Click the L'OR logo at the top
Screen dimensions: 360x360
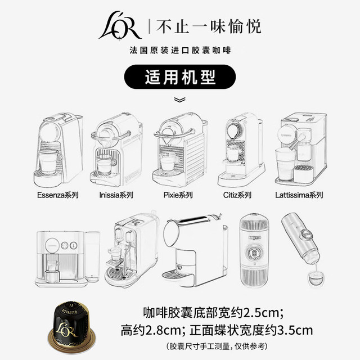click(119, 26)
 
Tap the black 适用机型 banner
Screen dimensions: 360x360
click(180, 77)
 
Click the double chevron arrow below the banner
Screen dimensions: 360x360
click(179, 100)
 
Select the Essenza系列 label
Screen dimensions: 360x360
click(58, 195)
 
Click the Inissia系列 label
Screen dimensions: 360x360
click(116, 195)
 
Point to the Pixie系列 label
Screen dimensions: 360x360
click(178, 195)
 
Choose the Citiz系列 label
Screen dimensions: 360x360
click(237, 195)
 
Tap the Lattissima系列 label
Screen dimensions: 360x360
click(299, 195)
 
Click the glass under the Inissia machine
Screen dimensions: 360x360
click(105, 164)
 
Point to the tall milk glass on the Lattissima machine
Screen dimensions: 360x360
click(285, 164)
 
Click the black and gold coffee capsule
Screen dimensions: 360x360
click(71, 326)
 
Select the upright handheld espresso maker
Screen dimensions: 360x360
click(254, 251)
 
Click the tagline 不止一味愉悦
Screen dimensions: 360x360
click(209, 26)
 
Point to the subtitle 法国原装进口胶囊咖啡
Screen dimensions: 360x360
click(180, 50)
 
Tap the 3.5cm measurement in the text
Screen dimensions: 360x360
click(295, 330)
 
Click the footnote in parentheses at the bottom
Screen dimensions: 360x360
click(217, 346)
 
